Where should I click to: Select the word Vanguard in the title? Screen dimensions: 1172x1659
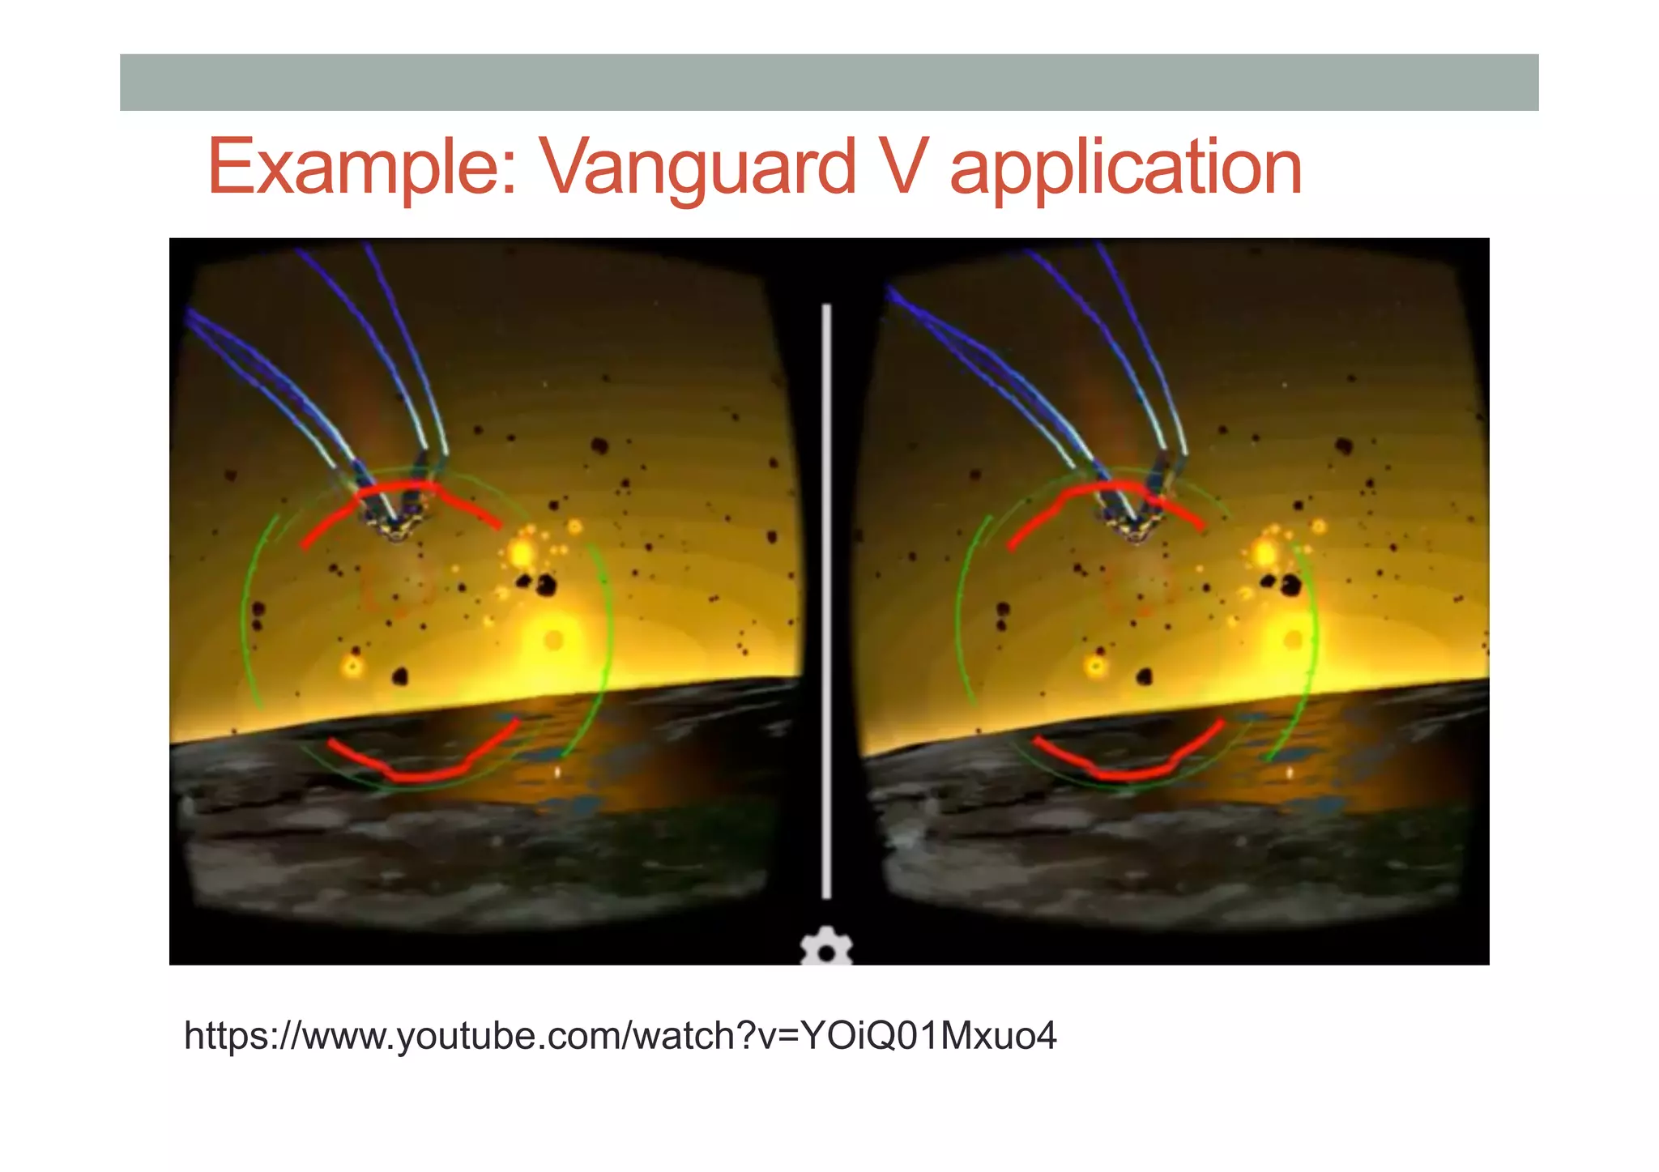[x=697, y=168]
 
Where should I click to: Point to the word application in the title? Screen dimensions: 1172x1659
[x=1126, y=168]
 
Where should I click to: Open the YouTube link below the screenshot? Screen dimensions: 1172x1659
[x=620, y=1036]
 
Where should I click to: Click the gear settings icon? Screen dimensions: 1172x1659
[x=826, y=949]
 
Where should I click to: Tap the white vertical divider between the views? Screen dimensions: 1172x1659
[x=826, y=599]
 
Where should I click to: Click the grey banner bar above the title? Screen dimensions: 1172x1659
[x=829, y=82]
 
